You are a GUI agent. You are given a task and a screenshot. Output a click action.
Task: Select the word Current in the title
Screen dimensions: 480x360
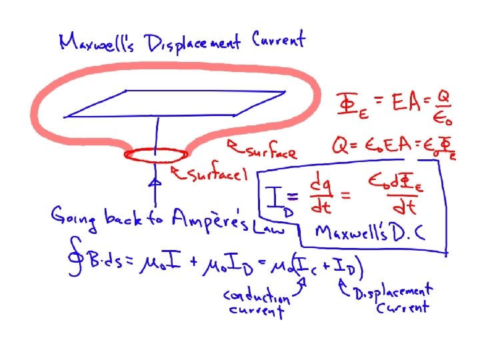279,39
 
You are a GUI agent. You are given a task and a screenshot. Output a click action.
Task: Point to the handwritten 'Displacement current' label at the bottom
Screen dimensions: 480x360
393,299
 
